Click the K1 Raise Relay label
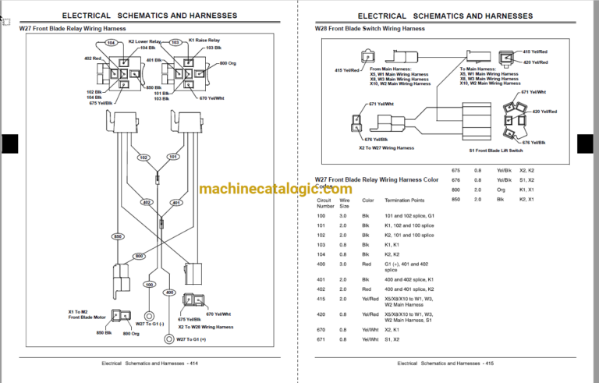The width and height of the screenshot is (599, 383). [205, 41]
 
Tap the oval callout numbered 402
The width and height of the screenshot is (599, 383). [146, 203]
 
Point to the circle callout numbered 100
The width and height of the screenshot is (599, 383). [149, 285]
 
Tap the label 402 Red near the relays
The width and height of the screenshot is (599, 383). [93, 59]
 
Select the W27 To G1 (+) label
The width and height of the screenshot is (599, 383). [191, 339]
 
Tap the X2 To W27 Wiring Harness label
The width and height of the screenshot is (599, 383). [386, 147]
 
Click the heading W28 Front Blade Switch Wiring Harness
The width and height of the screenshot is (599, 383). [370, 28]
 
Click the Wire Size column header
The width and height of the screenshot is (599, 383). [345, 204]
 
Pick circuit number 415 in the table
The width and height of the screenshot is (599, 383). [321, 298]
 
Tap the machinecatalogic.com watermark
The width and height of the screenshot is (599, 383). [275, 189]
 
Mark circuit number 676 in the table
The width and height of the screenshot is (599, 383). [457, 179]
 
